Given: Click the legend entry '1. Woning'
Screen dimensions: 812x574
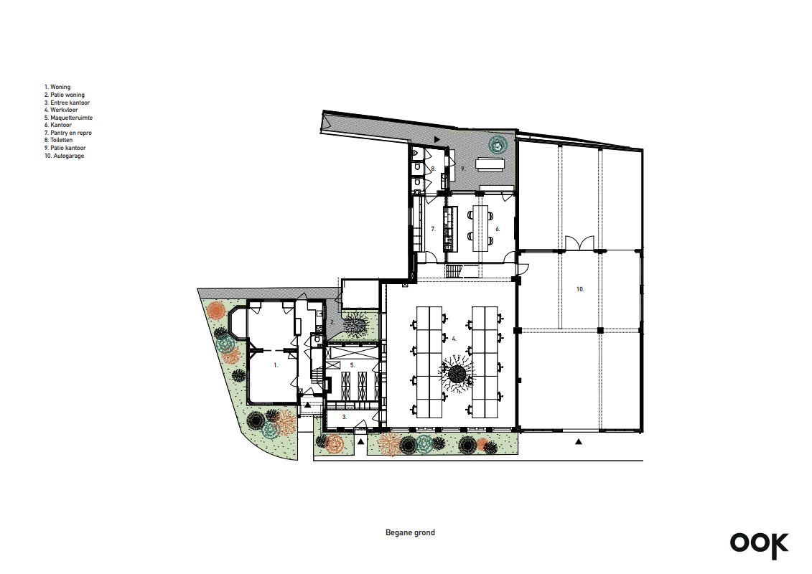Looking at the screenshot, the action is coord(57,87).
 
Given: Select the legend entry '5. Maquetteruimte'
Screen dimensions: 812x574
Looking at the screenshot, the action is coord(68,118).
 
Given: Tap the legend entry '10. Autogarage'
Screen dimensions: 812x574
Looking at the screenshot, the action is coord(64,155).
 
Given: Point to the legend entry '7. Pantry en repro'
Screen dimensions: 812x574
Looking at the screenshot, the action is coord(67,133).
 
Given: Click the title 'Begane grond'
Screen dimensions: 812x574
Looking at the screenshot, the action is coord(410,532).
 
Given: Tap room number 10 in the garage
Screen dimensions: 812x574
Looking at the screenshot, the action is coord(580,289).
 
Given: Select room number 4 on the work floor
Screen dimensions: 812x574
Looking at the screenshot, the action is coord(454,339).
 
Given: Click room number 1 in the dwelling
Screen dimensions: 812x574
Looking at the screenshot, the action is coord(276,365).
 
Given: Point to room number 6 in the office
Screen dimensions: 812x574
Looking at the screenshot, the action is coord(497,229).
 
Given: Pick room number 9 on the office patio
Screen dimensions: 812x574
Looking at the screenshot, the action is coord(463,169).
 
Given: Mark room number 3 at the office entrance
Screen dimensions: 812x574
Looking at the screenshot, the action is coord(345,417).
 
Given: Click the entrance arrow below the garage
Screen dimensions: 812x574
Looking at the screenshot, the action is coord(579,441).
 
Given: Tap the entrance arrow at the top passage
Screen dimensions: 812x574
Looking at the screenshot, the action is coord(437,139).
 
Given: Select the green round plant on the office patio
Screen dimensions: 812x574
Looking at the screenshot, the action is coord(498,144).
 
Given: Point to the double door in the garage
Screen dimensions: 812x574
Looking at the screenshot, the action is coord(579,243).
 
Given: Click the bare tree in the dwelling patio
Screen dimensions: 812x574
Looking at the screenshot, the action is coord(355,326).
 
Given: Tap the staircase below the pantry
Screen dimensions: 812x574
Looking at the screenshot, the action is coord(454,271).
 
